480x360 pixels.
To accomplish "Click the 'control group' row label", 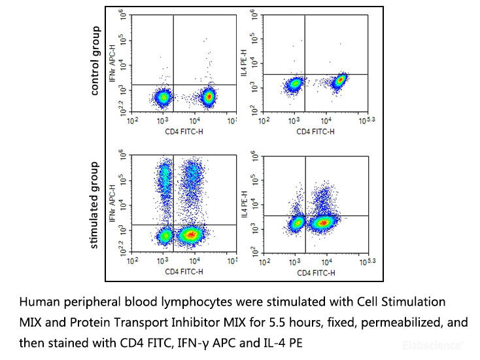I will click(x=95, y=61).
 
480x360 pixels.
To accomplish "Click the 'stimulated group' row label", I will click(x=95, y=205).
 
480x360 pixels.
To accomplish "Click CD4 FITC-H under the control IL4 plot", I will click(x=315, y=131).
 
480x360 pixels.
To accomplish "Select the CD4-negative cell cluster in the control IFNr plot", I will click(x=162, y=98).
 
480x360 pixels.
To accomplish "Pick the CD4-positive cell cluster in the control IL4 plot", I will click(x=340, y=81).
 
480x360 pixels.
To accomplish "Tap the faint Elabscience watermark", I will click(x=442, y=342).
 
